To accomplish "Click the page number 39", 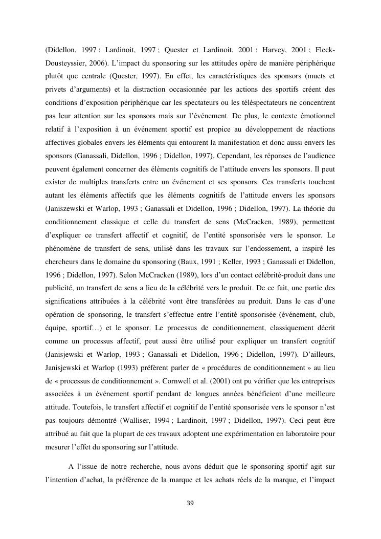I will tap(190, 503).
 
